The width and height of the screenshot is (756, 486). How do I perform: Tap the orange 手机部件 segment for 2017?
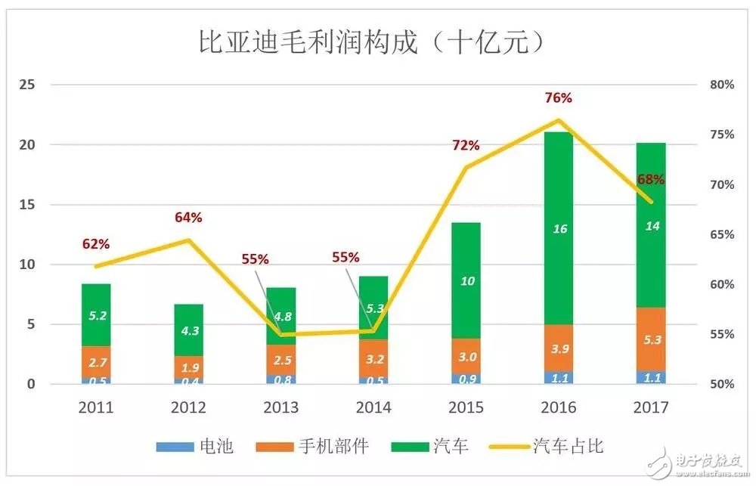(651, 339)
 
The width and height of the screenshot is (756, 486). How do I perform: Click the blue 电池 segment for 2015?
(466, 378)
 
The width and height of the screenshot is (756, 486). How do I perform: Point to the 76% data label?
(559, 98)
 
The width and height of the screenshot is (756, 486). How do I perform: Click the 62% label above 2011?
(96, 244)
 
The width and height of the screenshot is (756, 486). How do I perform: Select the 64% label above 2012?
(188, 218)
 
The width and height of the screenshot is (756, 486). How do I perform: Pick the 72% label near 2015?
(466, 146)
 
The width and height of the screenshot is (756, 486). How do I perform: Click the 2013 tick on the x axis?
(280, 408)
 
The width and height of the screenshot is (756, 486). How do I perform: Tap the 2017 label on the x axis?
(651, 408)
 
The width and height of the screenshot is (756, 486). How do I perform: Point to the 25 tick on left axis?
(27, 85)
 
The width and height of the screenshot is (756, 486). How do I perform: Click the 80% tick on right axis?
(722, 85)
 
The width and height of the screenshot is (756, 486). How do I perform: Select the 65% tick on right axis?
(722, 234)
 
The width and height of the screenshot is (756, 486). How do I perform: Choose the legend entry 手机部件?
(316, 446)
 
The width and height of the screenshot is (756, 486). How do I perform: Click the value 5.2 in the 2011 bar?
(96, 316)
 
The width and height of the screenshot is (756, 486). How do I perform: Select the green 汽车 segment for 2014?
(373, 308)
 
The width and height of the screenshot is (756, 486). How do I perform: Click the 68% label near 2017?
(651, 180)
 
